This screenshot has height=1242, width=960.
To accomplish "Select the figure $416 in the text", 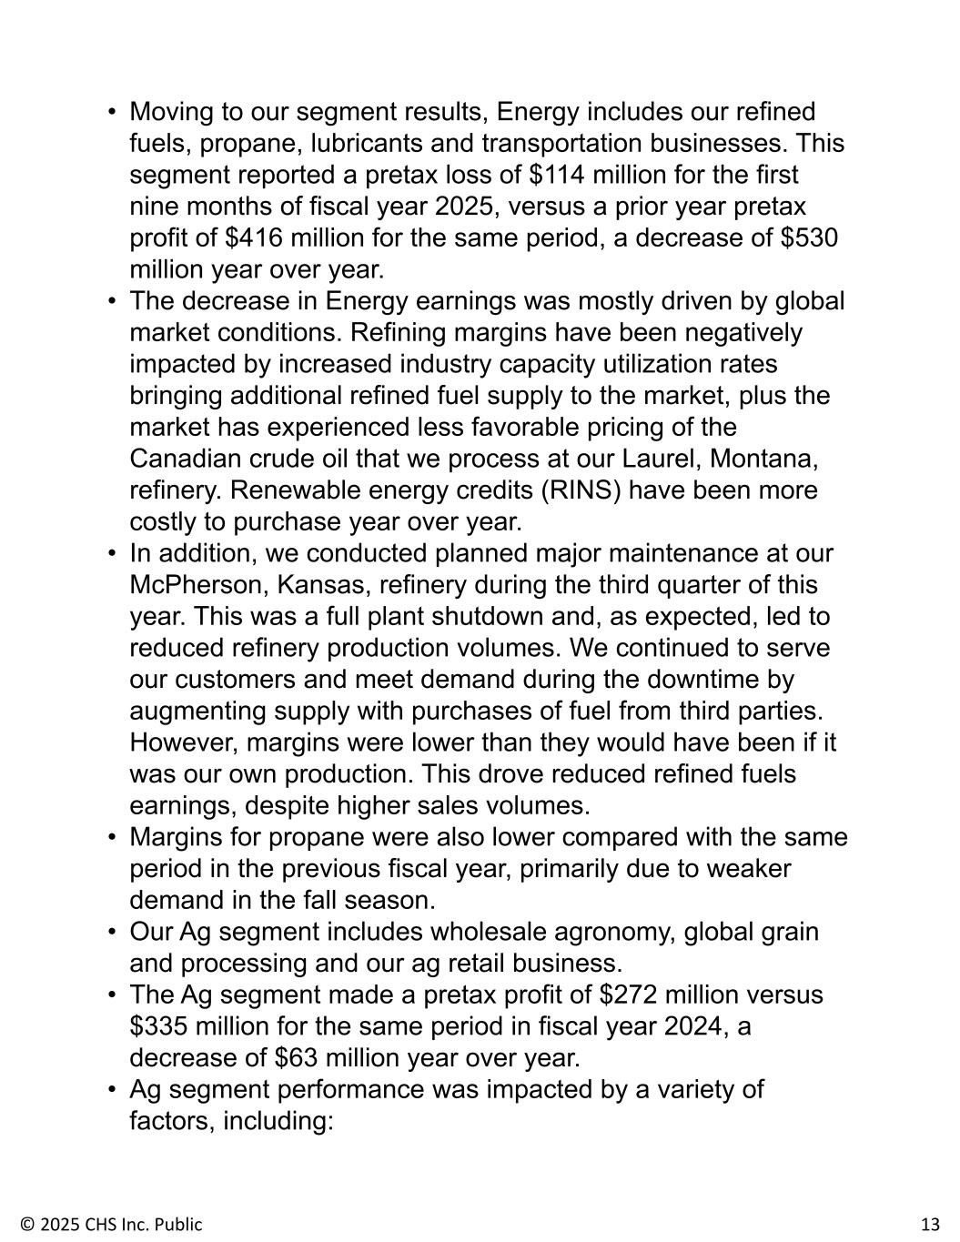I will point(252,238).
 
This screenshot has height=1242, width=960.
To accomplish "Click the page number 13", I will point(930,1224).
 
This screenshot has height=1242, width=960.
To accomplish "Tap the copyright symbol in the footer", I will point(26,1224).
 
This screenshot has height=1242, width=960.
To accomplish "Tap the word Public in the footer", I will point(180,1224).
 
